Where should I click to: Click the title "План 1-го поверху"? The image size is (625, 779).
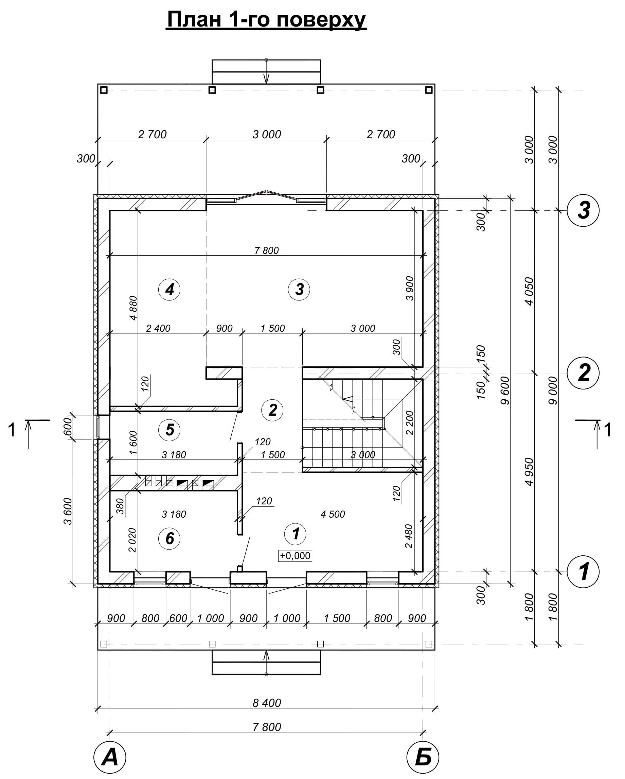click(266, 19)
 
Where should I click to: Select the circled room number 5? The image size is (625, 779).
click(169, 430)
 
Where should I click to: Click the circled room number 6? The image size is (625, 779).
click(169, 538)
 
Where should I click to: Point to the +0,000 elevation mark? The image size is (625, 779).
click(295, 555)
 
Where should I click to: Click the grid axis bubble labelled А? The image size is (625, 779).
click(110, 757)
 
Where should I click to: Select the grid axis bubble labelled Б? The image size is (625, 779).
click(423, 757)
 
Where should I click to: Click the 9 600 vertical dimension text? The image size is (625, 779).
click(505, 391)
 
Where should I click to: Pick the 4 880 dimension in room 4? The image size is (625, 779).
click(133, 308)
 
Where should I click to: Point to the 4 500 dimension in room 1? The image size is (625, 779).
click(333, 514)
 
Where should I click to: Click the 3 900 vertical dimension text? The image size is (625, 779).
click(409, 288)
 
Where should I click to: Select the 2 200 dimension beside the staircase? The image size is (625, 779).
click(409, 423)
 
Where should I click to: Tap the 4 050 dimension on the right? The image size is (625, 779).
click(529, 291)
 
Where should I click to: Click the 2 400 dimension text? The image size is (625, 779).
click(158, 328)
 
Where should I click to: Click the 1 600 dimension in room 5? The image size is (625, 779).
click(133, 443)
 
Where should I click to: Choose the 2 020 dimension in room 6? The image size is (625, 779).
click(132, 540)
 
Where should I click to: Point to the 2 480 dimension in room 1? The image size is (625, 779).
click(408, 536)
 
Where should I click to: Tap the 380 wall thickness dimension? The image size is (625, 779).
click(120, 506)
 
